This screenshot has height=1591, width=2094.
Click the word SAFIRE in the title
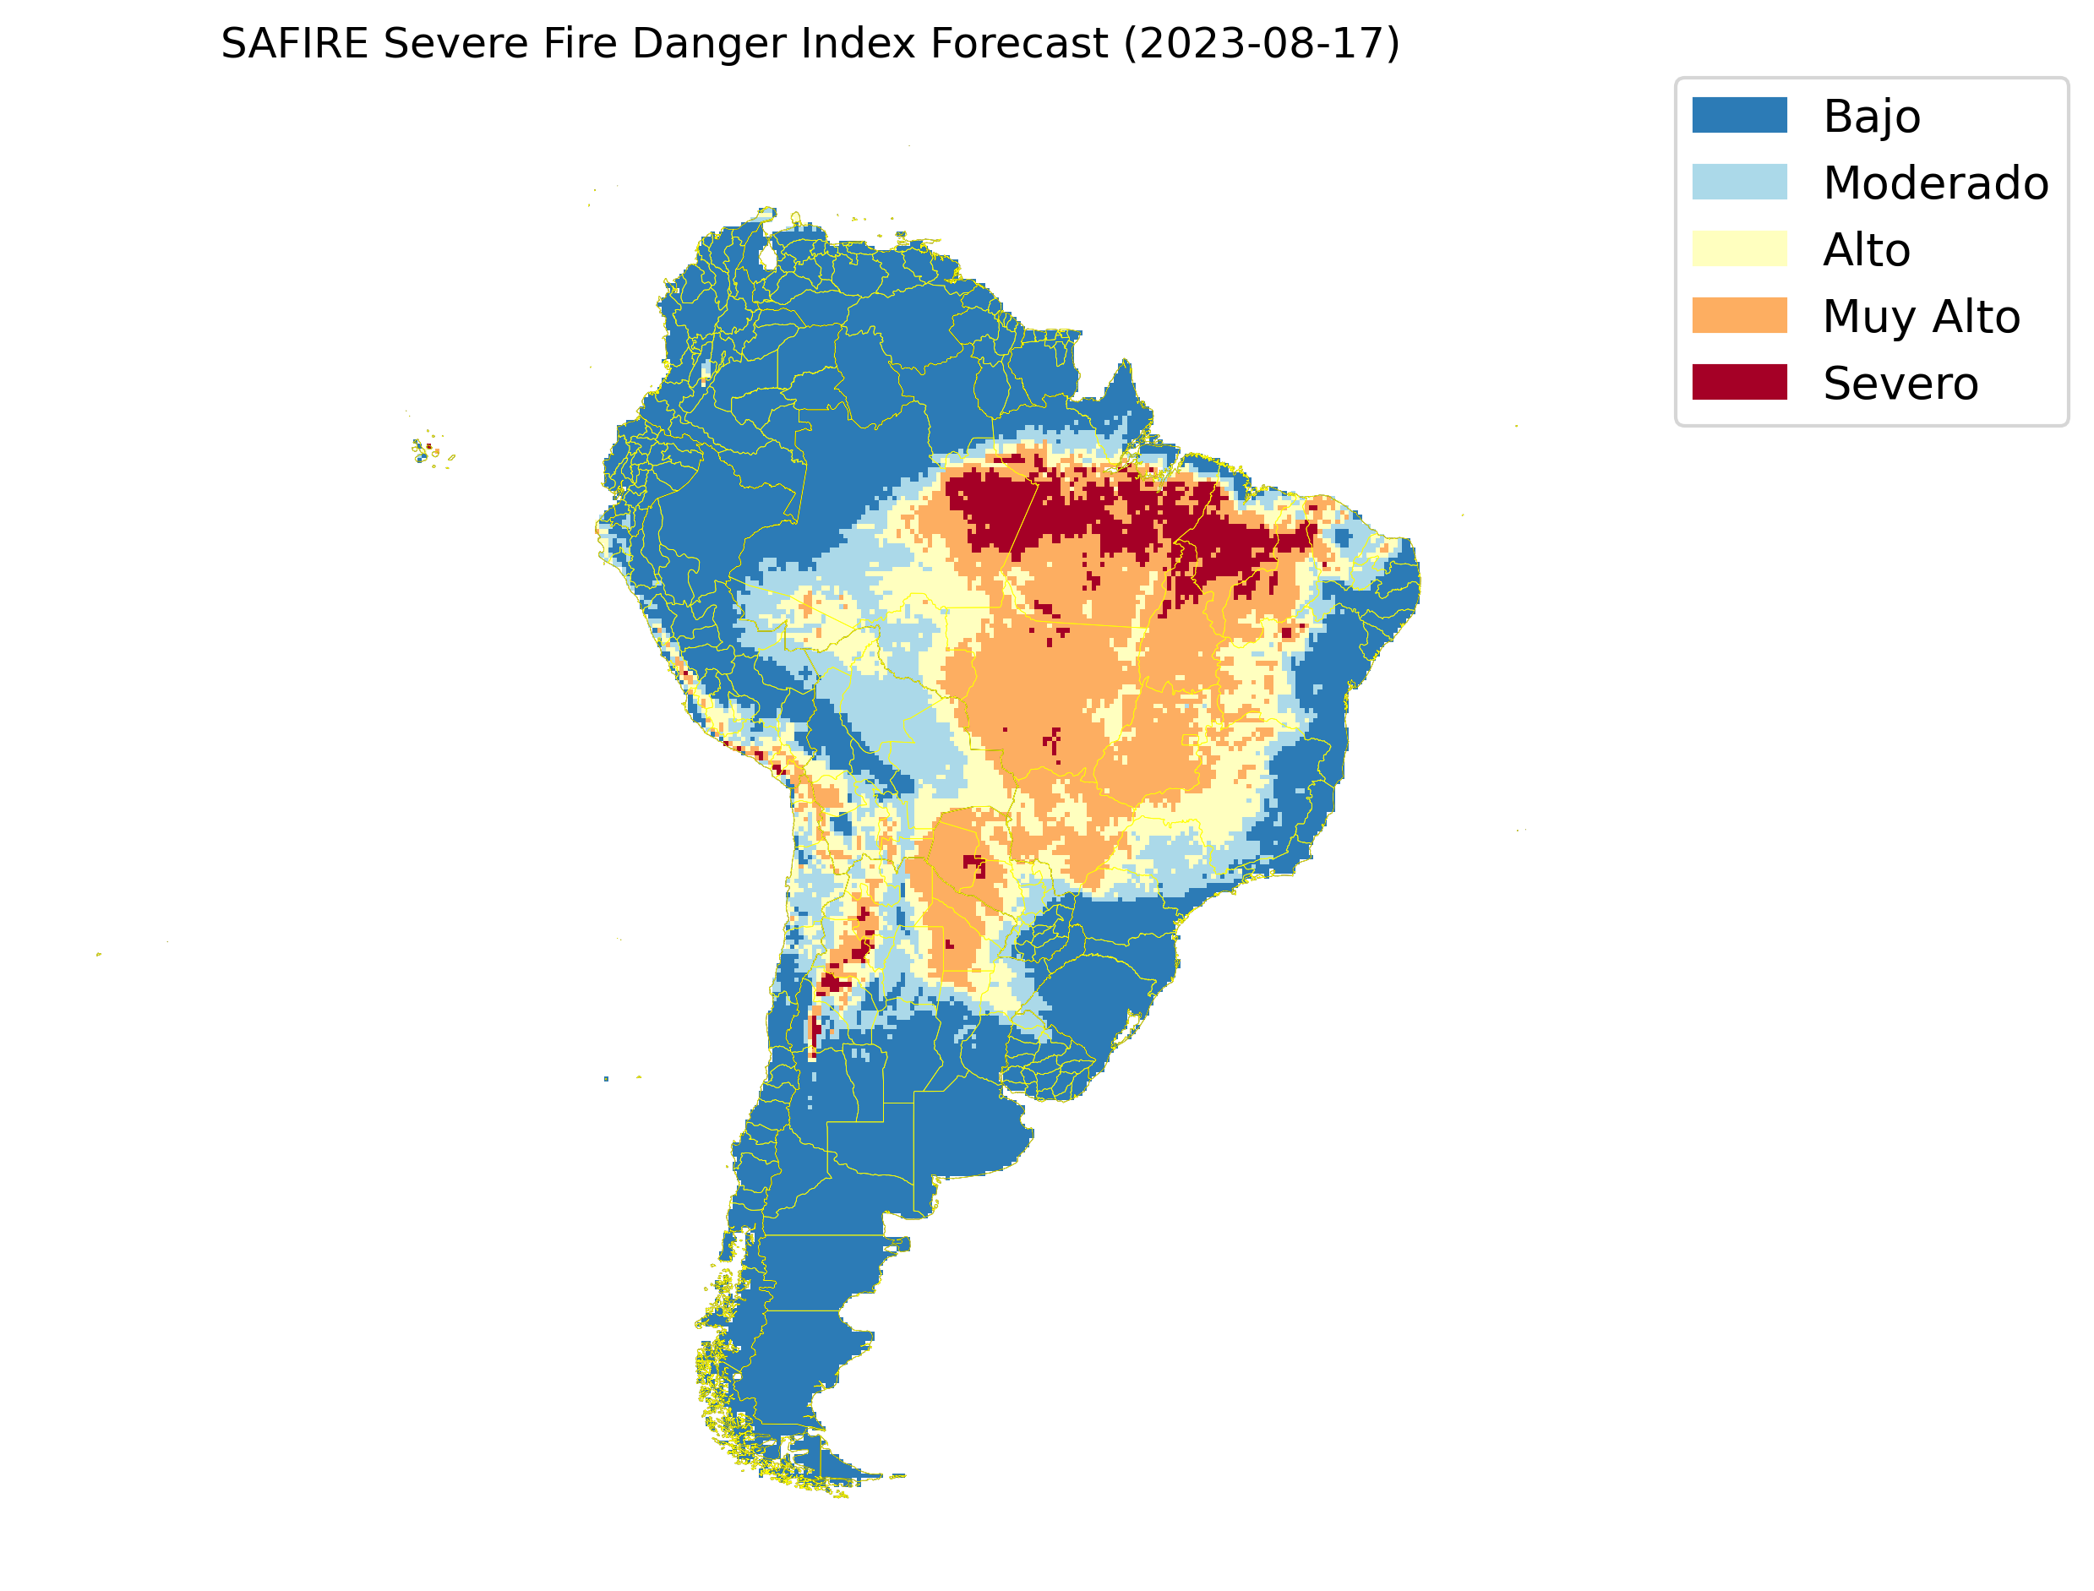click(293, 44)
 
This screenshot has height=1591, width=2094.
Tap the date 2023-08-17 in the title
click(1261, 44)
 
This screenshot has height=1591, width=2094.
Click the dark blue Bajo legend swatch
click(1739, 116)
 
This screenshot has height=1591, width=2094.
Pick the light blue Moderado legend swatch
click(1739, 182)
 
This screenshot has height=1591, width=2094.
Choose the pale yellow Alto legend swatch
click(1739, 249)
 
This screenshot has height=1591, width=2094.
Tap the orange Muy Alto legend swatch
click(1739, 315)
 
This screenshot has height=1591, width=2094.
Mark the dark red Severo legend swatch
click(1739, 383)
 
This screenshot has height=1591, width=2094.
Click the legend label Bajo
click(1871, 117)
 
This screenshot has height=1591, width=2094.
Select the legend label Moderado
click(1935, 183)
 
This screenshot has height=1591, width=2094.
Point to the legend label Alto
click(1866, 250)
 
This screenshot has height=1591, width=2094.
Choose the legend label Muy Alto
click(1921, 317)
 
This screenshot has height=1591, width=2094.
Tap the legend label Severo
click(1900, 384)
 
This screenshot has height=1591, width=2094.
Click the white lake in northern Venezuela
click(768, 257)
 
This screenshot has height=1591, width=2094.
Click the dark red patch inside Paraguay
click(973, 864)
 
